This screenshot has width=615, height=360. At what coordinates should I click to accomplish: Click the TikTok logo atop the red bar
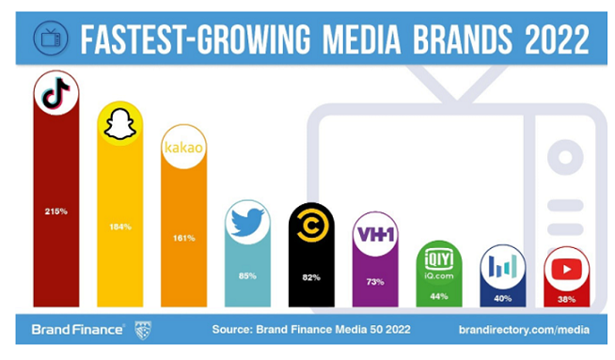pyautogui.click(x=55, y=94)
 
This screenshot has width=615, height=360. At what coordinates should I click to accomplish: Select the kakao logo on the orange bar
pyautogui.click(x=183, y=149)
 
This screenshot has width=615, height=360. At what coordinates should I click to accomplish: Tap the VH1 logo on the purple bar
pyautogui.click(x=374, y=235)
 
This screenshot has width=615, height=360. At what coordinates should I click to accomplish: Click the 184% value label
pyautogui.click(x=119, y=227)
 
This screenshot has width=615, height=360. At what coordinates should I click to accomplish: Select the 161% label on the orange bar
pyautogui.click(x=183, y=238)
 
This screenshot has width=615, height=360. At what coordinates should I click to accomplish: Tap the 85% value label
pyautogui.click(x=247, y=275)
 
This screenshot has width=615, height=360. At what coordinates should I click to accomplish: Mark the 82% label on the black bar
pyautogui.click(x=310, y=277)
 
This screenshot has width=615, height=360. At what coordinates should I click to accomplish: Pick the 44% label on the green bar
pyautogui.click(x=438, y=296)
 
